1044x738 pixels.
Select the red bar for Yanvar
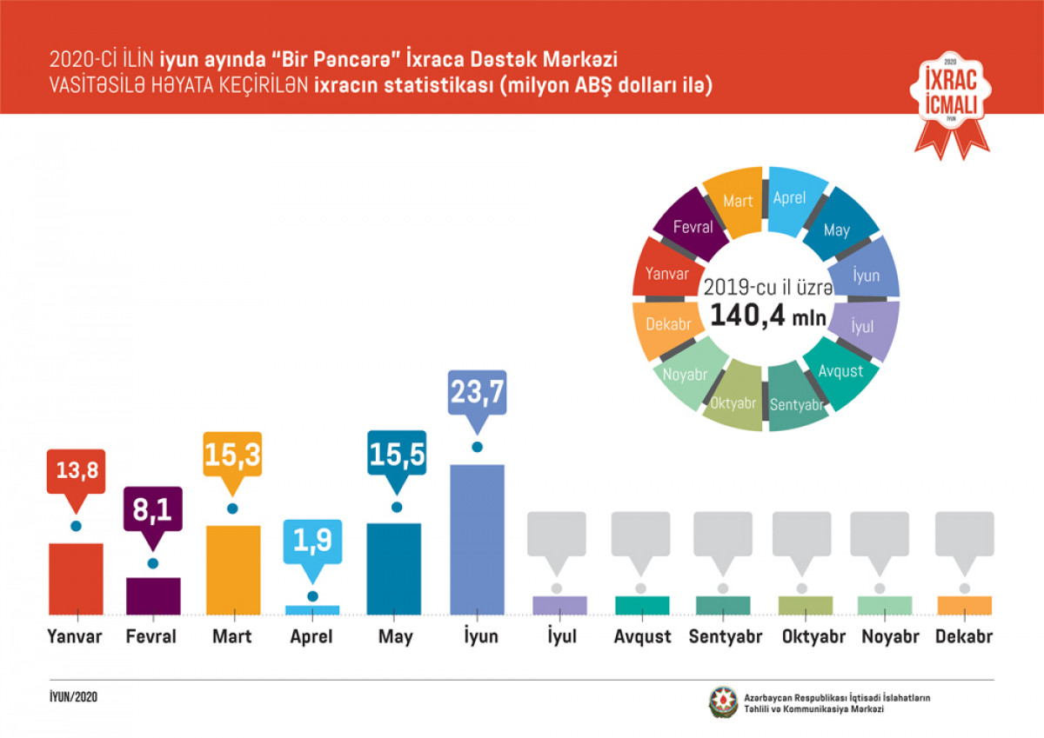tap(76, 578)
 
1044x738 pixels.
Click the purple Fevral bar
tap(153, 595)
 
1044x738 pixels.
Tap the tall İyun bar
tap(477, 539)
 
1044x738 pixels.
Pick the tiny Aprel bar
tap(312, 610)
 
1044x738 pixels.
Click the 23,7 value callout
tap(477, 393)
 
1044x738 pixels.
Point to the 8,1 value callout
tap(153, 510)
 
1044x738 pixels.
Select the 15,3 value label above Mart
tap(232, 455)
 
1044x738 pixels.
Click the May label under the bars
tap(395, 637)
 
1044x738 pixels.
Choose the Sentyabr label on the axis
tap(725, 637)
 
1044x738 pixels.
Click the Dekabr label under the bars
tap(964, 637)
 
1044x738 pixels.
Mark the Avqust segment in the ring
tap(840, 371)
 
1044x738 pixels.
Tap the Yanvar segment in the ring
tap(667, 273)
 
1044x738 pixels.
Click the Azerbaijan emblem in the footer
tap(722, 701)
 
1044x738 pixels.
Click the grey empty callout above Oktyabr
tap(801, 534)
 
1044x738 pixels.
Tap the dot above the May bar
tap(397, 507)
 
